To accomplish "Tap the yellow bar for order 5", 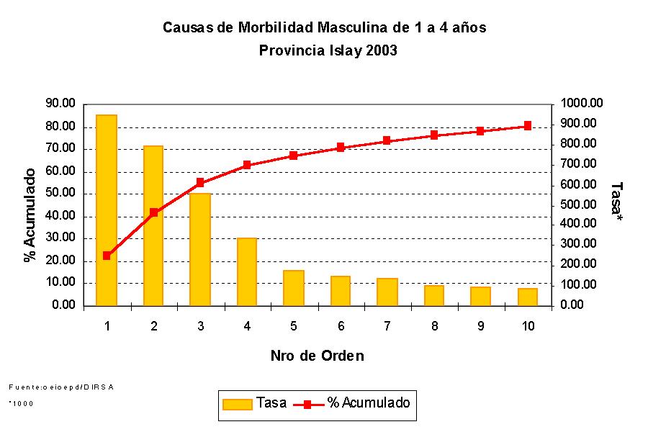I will [x=294, y=288].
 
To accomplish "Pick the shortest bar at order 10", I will [x=528, y=297].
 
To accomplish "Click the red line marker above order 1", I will [x=107, y=256].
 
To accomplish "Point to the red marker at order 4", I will [x=247, y=165].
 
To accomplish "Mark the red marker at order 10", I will [x=528, y=125].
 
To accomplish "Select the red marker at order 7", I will [x=387, y=140].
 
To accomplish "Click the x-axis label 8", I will [x=434, y=326].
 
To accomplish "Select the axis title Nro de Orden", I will [x=317, y=356].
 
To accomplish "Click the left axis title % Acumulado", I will [x=30, y=215].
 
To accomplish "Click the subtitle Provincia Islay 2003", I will [x=328, y=51].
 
